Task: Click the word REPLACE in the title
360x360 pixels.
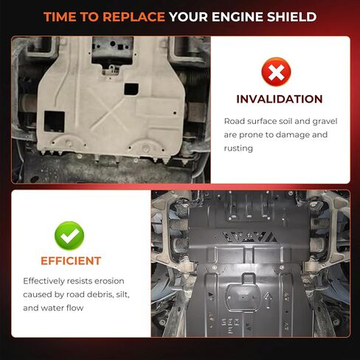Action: click(x=134, y=17)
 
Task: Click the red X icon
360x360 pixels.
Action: click(x=276, y=72)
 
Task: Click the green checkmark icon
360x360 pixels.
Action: click(x=69, y=235)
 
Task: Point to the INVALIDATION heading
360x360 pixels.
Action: click(x=280, y=99)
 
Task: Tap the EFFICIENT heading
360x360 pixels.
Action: click(x=71, y=261)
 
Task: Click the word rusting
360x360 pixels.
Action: click(x=238, y=148)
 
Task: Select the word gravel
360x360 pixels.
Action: click(x=325, y=122)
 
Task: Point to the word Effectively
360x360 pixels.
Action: click(x=44, y=281)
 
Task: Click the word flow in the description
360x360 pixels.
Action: click(x=76, y=308)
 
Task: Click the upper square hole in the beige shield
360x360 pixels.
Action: click(x=131, y=89)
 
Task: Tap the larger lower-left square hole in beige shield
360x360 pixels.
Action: click(x=54, y=121)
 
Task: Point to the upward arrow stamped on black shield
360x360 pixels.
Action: click(x=269, y=300)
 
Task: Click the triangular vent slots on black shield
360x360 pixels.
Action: click(x=249, y=237)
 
